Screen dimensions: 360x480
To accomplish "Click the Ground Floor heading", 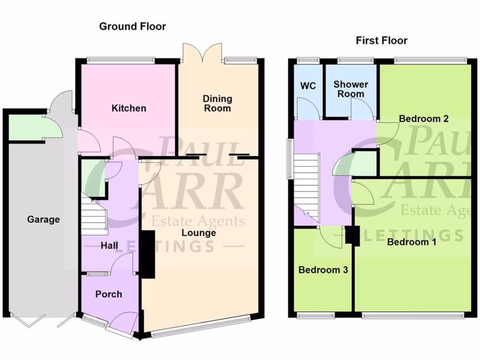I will pyautogui.click(x=132, y=26).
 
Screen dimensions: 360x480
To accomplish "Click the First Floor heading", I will pyautogui.click(x=382, y=40).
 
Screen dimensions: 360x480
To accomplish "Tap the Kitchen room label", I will pyautogui.click(x=129, y=108).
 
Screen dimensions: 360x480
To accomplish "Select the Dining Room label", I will pyautogui.click(x=217, y=103).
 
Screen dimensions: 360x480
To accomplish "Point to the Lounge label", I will pyautogui.click(x=199, y=233).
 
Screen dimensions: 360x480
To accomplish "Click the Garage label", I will pyautogui.click(x=43, y=219).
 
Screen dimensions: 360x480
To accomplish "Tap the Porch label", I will pyautogui.click(x=109, y=294).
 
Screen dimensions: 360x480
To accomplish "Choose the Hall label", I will pyautogui.click(x=109, y=246).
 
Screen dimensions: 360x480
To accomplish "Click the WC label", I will pyautogui.click(x=308, y=86).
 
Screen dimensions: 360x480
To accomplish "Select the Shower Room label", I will pyautogui.click(x=351, y=89).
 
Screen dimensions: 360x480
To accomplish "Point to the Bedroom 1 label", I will pyautogui.click(x=408, y=242).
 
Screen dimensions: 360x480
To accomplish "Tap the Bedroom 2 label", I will pyautogui.click(x=424, y=119).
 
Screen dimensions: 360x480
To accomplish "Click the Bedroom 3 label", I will pyautogui.click(x=323, y=270).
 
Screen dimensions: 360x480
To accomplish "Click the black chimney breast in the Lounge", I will pyautogui.click(x=148, y=255).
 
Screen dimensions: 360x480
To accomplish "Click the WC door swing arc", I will pyautogui.click(x=308, y=109).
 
